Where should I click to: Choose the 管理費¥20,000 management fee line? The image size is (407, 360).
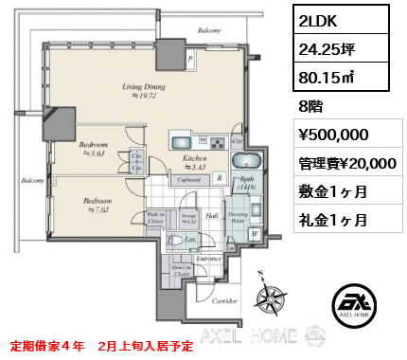[x=345, y=163]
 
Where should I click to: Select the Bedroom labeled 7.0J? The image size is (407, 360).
[x=97, y=204]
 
